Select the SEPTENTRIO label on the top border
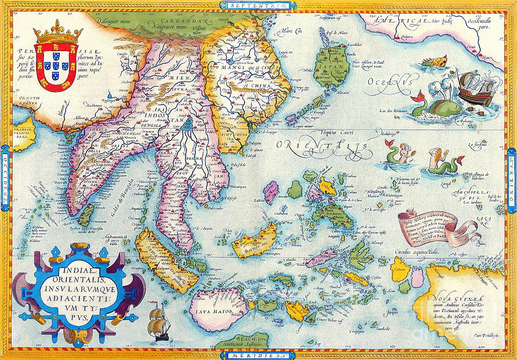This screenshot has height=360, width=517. (244, 5)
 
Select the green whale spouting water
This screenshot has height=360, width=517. (440, 106)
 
